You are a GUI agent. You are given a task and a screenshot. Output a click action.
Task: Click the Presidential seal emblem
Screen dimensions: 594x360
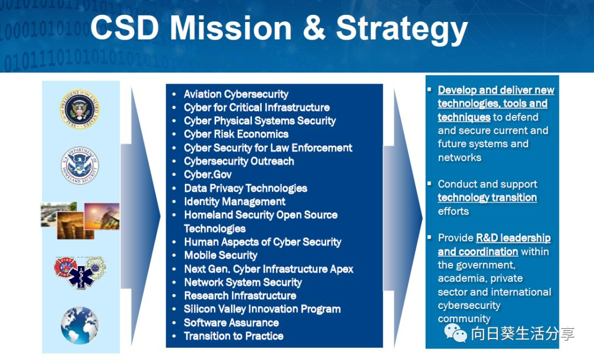(80, 109)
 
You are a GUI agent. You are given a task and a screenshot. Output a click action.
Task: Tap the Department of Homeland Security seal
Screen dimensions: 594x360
(80, 165)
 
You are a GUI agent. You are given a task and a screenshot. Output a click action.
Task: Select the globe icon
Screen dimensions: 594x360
(80, 325)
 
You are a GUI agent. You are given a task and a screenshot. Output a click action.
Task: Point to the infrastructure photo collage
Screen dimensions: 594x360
(80, 220)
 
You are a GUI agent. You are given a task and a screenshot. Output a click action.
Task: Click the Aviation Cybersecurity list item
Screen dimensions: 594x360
(236, 95)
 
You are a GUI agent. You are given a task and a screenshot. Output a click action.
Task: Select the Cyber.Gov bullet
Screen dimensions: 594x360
(208, 175)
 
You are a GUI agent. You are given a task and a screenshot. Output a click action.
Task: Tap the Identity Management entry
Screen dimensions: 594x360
(235, 202)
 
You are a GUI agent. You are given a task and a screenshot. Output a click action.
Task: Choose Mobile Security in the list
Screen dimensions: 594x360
(221, 256)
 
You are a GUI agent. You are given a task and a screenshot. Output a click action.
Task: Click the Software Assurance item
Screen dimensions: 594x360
(231, 323)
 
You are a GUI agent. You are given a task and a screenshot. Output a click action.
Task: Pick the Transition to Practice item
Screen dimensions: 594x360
(234, 336)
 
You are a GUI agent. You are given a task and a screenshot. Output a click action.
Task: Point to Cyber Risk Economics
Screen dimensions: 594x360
(236, 134)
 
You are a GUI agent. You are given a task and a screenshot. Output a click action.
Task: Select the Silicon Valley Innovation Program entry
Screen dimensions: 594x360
(262, 309)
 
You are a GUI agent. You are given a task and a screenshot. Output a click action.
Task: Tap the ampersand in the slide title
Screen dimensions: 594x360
(314, 29)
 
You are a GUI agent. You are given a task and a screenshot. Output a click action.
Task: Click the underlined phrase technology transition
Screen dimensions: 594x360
(487, 198)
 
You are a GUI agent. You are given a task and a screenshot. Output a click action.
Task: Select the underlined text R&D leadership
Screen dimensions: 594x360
(513, 238)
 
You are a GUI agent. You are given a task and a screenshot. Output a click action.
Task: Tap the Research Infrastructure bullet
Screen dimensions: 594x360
(240, 296)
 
